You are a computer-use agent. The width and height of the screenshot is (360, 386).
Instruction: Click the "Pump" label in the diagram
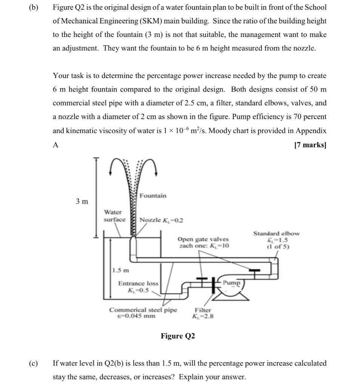click(x=231, y=282)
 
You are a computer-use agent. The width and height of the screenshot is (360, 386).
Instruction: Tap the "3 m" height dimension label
click(x=82, y=201)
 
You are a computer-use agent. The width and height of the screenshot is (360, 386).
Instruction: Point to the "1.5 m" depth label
click(x=120, y=270)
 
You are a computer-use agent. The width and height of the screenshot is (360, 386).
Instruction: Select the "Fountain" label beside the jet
click(x=153, y=196)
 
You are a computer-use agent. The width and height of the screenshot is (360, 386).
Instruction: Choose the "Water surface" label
click(x=114, y=216)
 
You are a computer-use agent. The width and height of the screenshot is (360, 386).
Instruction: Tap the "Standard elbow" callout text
click(x=277, y=233)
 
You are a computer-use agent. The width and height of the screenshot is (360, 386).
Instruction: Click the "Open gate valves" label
click(x=203, y=239)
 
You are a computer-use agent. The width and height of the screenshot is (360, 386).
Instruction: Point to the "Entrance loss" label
click(x=138, y=283)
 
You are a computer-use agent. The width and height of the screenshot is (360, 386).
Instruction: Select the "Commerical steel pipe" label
click(x=143, y=310)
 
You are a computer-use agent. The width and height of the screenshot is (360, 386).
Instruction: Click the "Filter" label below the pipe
click(x=203, y=310)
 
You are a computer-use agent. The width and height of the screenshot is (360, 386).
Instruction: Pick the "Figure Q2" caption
click(x=178, y=336)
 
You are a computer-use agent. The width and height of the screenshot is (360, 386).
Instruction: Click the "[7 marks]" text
click(x=310, y=145)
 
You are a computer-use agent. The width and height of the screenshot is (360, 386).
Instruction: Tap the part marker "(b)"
click(x=34, y=7)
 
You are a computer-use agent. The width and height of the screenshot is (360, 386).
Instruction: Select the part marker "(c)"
click(x=34, y=363)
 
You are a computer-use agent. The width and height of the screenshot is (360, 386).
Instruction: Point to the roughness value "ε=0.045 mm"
click(x=137, y=316)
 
